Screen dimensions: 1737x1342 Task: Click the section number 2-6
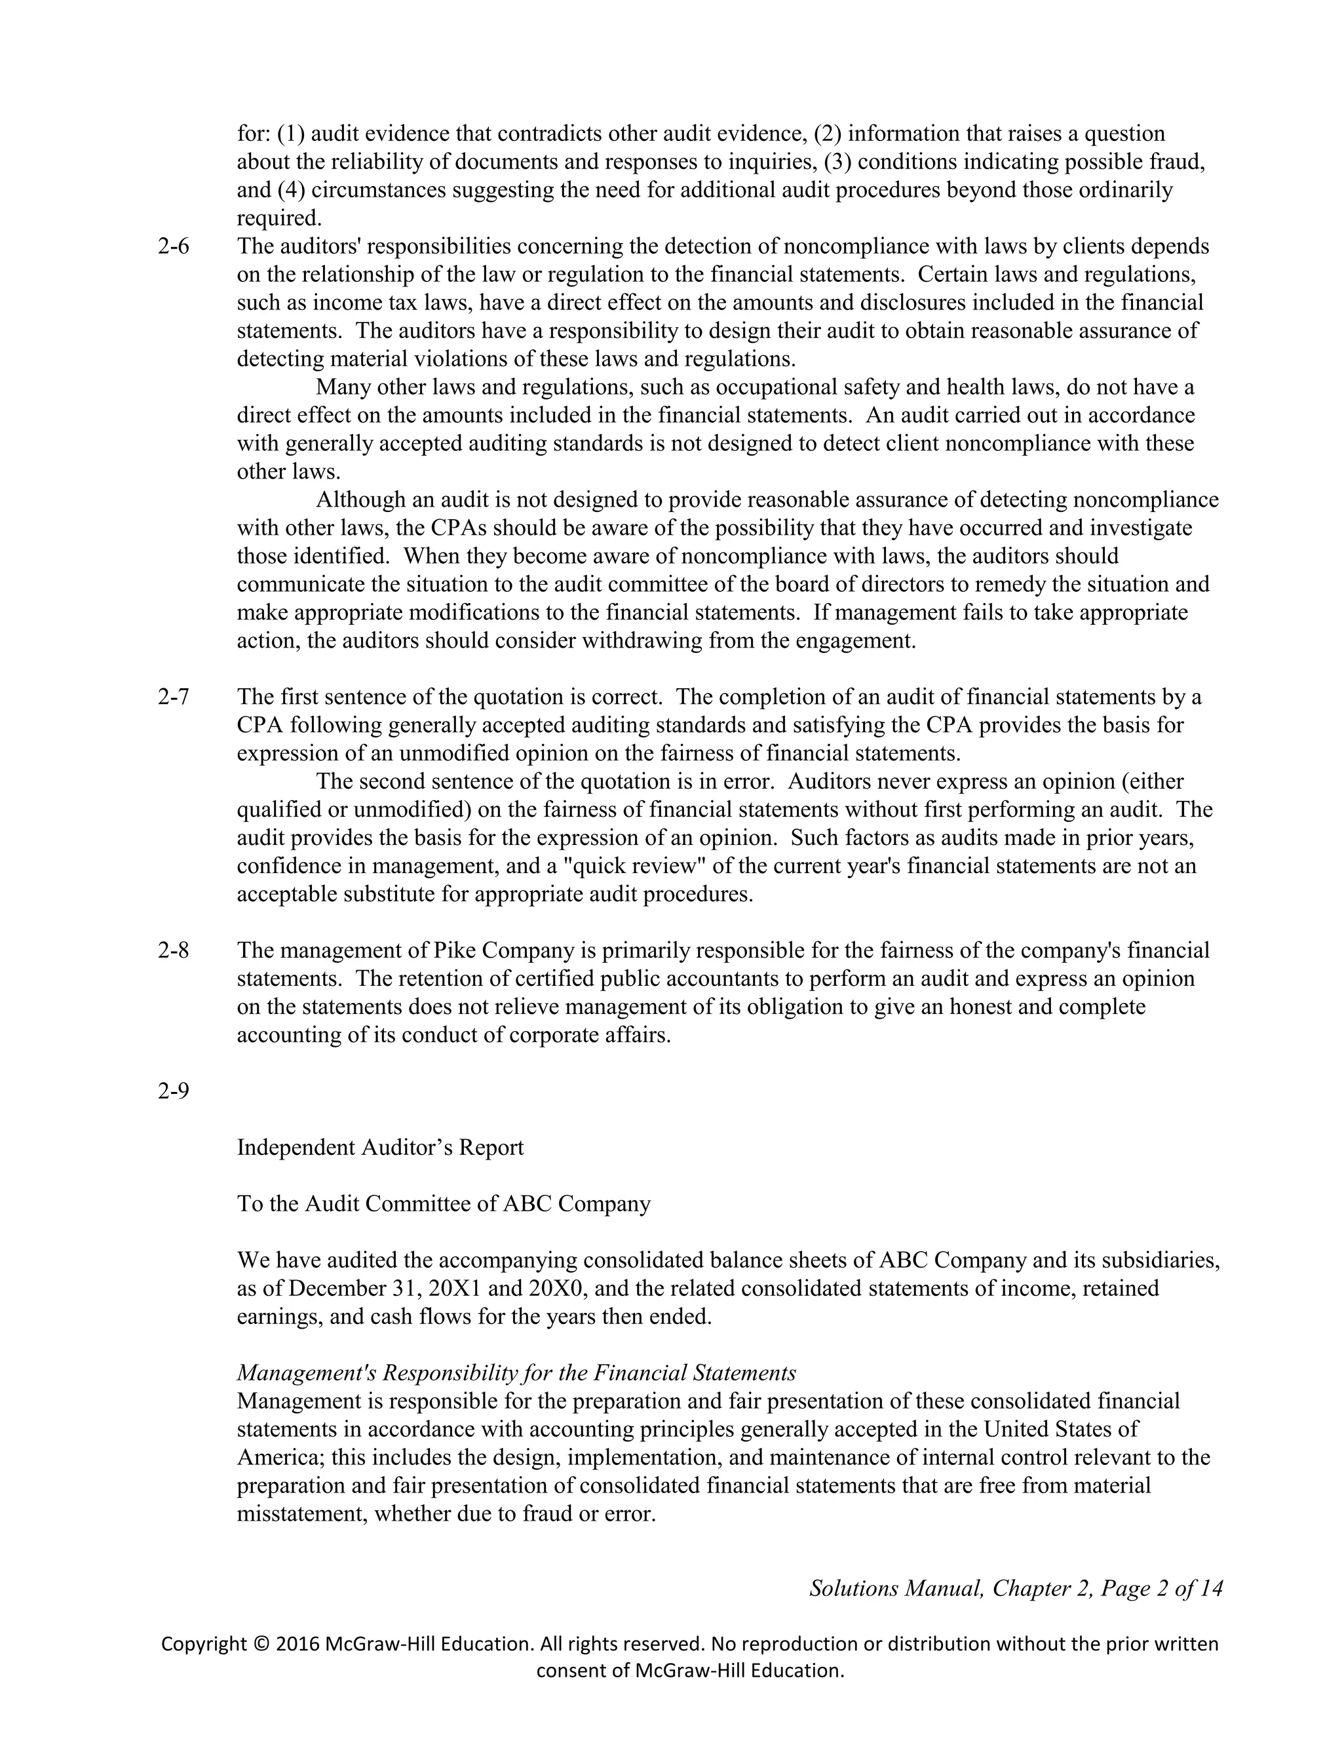tap(173, 246)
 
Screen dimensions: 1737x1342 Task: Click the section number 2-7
tap(173, 697)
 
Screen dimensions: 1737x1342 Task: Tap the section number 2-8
tap(173, 950)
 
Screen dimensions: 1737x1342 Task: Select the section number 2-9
tap(173, 1091)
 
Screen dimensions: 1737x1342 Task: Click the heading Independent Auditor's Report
tap(380, 1148)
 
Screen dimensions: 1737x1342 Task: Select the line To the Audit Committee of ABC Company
tap(444, 1204)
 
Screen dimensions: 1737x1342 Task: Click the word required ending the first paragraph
tap(277, 218)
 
